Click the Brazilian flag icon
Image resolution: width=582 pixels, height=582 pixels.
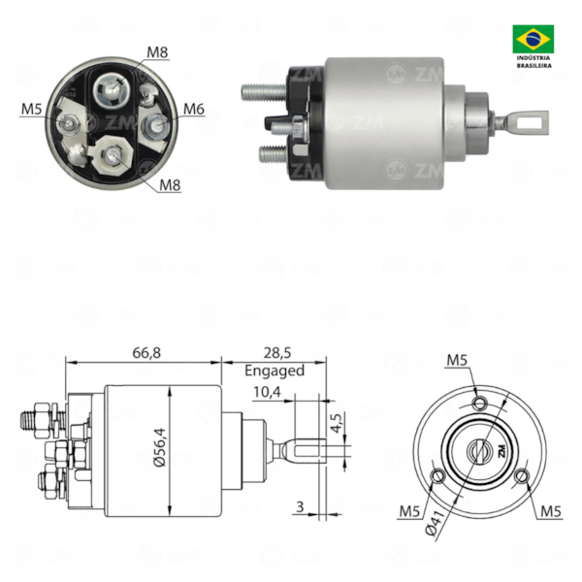[533, 39]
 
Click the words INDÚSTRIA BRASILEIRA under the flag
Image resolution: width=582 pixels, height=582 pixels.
[533, 64]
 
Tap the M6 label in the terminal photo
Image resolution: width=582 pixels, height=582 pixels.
[193, 110]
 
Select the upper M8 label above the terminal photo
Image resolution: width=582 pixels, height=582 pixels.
[158, 50]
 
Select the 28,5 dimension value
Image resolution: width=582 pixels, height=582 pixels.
[275, 353]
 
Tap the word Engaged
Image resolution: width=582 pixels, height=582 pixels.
[275, 370]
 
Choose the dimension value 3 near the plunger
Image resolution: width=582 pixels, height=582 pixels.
[301, 505]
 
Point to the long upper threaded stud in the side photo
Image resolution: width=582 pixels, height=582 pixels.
[262, 94]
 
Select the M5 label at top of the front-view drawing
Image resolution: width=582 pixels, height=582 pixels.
[458, 361]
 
